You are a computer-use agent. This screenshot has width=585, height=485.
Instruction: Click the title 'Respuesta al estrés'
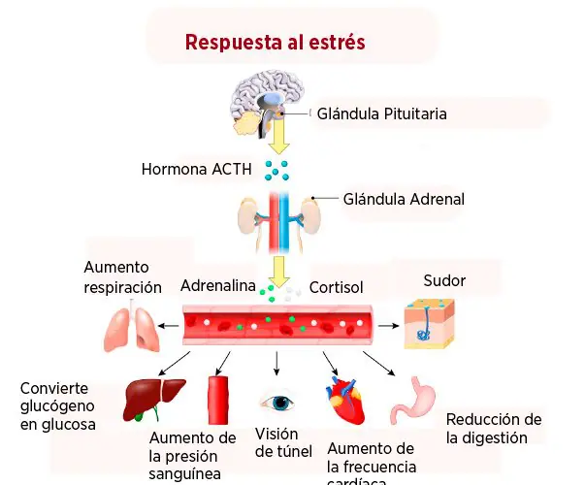[x=275, y=42]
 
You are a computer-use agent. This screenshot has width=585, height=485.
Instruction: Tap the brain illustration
[x=267, y=104]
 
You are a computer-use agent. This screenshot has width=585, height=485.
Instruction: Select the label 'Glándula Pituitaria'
[x=381, y=113]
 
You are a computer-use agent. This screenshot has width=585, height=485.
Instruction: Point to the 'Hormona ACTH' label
[x=196, y=169]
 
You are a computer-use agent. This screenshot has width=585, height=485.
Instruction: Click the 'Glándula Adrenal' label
[x=404, y=199]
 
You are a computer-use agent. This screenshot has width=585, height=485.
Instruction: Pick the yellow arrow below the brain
[x=278, y=135]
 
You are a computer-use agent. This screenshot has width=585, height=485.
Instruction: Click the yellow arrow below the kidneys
[x=279, y=272]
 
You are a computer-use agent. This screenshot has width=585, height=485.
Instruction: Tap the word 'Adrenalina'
[x=218, y=286]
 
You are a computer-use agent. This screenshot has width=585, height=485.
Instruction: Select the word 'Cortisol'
[x=336, y=287]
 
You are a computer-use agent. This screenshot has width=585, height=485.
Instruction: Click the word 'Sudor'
[x=444, y=280]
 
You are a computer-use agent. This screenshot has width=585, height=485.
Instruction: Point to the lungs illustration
[x=132, y=327]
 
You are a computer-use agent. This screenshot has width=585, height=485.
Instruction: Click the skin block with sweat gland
[x=430, y=324]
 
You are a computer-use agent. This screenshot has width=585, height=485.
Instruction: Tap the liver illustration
[x=153, y=400]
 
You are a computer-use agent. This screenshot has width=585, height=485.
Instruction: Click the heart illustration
[x=345, y=401]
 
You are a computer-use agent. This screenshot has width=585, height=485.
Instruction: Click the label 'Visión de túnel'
[x=283, y=443]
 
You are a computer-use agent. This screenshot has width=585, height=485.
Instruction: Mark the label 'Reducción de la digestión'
[x=494, y=429]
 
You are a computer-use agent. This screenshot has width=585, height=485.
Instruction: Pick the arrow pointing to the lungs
[x=168, y=326]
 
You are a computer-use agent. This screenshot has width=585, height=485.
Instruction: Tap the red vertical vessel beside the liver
[x=218, y=400]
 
